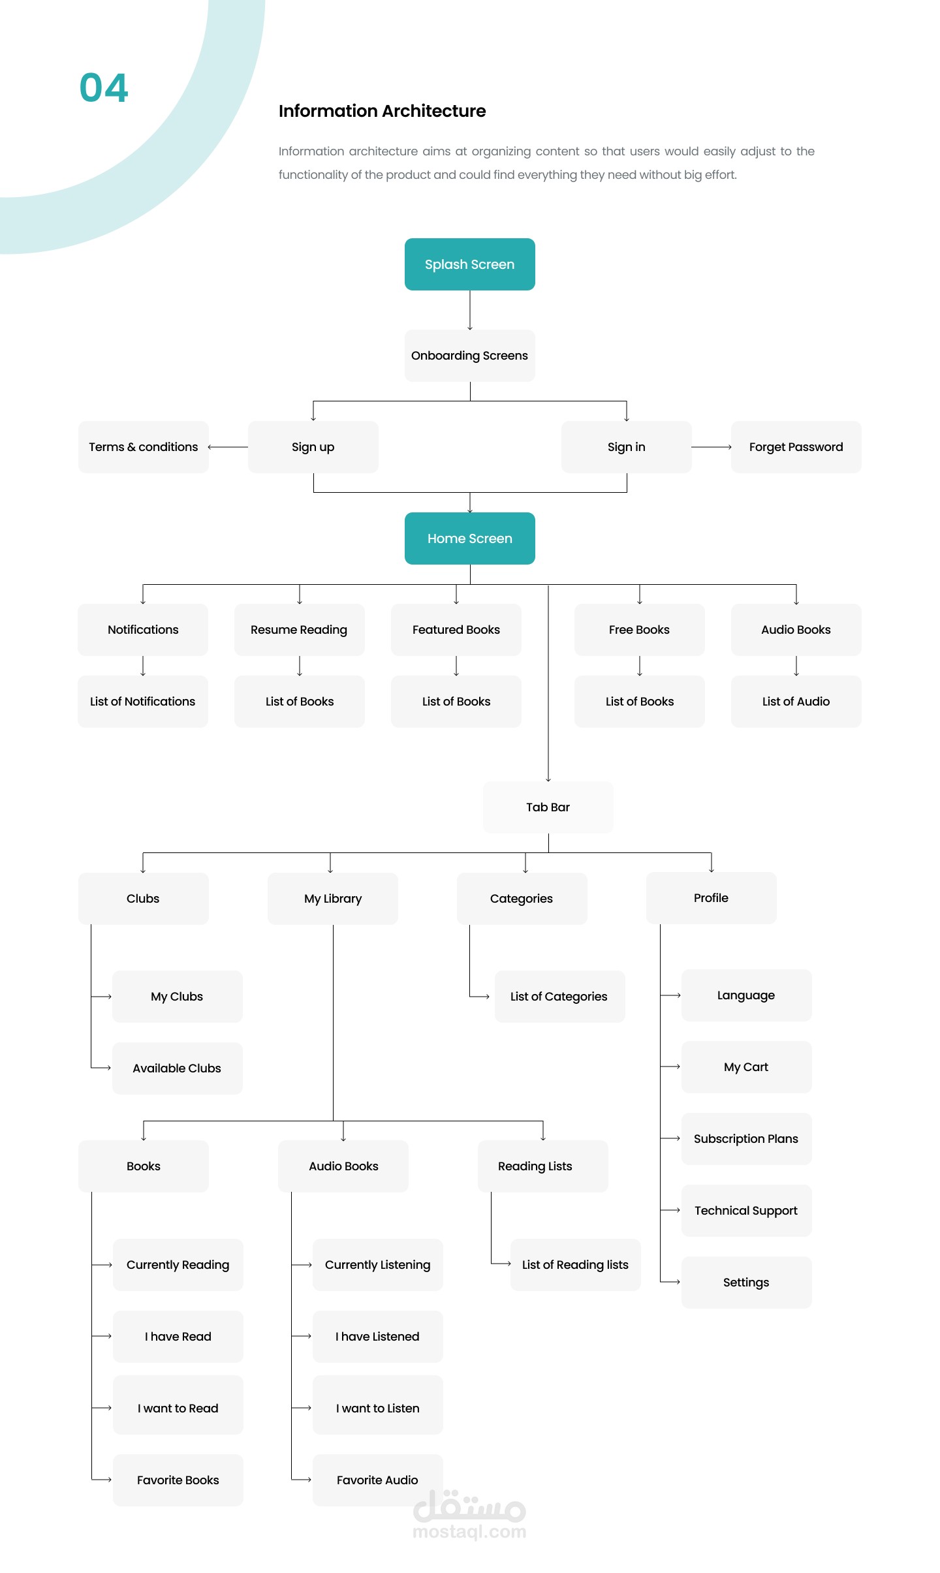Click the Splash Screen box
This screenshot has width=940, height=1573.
pos(470,264)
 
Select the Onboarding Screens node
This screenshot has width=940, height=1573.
pos(470,356)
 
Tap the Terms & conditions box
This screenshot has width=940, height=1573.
pos(144,447)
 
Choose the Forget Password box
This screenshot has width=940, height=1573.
pos(796,447)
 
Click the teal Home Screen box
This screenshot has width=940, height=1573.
pos(470,538)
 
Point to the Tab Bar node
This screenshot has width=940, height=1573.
pos(548,807)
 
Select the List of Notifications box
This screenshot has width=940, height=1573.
pos(143,702)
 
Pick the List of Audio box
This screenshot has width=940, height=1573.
pos(796,702)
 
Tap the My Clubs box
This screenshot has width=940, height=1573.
pos(178,997)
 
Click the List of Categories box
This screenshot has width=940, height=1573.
pos(560,997)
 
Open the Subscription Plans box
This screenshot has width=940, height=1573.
pos(747,1139)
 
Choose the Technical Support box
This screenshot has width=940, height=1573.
pos(747,1211)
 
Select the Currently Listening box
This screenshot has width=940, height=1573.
pos(378,1265)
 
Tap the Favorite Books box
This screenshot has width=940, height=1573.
pos(178,1480)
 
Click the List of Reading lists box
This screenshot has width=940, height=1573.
pos(576,1265)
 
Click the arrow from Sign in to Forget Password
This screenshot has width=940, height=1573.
pos(712,447)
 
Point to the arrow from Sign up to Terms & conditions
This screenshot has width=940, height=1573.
pos(228,447)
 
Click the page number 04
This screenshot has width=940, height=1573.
pos(104,88)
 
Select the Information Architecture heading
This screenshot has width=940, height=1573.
pos(383,111)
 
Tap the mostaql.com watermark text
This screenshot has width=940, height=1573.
pos(470,1531)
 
